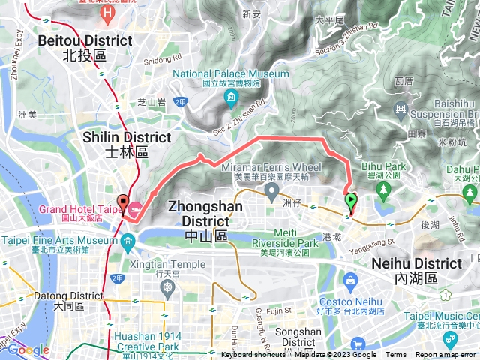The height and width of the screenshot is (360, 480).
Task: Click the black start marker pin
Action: click(x=123, y=203)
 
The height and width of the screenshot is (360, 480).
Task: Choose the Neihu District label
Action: click(x=417, y=270)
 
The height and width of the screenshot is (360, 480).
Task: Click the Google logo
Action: click(x=28, y=349)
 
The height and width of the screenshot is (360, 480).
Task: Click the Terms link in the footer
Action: click(x=396, y=355)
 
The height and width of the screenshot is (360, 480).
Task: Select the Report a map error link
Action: click(x=445, y=355)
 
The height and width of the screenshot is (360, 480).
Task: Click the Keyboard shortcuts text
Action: click(x=253, y=355)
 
